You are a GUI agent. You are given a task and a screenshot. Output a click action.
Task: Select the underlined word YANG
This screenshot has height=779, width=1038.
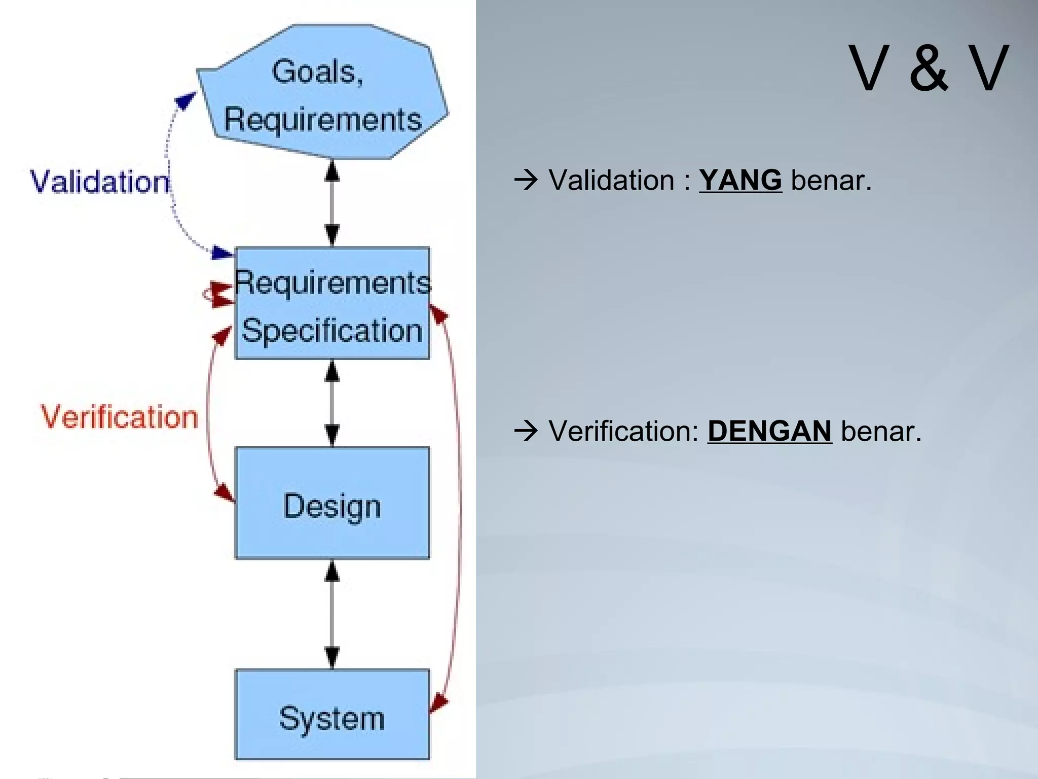tap(740, 181)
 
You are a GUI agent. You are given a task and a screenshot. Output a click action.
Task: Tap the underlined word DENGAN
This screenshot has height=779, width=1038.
tap(769, 431)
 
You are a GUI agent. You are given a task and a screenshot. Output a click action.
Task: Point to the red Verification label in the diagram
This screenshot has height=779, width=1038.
tap(120, 417)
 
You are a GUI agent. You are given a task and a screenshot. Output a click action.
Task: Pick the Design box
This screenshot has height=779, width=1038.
tap(332, 503)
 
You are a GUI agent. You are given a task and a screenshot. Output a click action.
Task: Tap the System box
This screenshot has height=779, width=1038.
tap(332, 715)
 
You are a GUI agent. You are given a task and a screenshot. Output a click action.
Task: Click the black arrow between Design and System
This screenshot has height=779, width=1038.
tap(332, 615)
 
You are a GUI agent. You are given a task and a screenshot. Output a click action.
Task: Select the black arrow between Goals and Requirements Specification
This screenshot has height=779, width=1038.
tap(332, 203)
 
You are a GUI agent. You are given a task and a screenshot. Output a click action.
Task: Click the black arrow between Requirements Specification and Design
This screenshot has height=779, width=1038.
tap(332, 403)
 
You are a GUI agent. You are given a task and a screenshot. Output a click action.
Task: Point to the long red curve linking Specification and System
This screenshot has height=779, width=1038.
tap(459, 507)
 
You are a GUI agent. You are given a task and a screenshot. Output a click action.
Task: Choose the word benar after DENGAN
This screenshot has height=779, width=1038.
tap(880, 431)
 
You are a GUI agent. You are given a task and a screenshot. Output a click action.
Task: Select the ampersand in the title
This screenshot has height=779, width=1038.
tap(929, 69)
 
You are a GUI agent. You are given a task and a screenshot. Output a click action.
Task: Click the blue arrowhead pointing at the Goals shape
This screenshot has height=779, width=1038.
tap(185, 99)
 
